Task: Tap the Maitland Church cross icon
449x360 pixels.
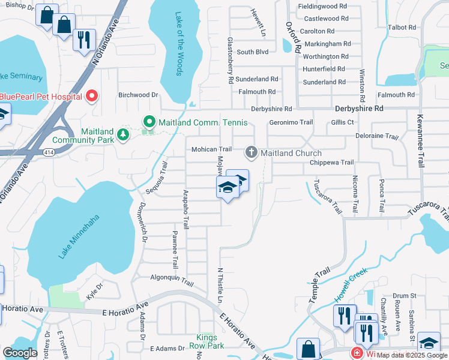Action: click(251, 153)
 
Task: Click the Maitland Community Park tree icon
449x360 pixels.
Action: click(123, 134)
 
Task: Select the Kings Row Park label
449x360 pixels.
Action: click(206, 341)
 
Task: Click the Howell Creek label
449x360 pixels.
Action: click(350, 284)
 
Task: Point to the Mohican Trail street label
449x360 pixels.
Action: click(211, 149)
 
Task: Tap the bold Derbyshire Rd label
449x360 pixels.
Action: click(358, 109)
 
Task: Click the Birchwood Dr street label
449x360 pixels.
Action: click(137, 95)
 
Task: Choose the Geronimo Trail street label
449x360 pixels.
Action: click(291, 122)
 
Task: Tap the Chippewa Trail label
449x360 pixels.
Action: click(331, 163)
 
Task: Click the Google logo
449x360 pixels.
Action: click(20, 353)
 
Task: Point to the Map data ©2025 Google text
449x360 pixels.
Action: click(412, 355)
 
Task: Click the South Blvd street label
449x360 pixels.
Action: click(252, 52)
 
